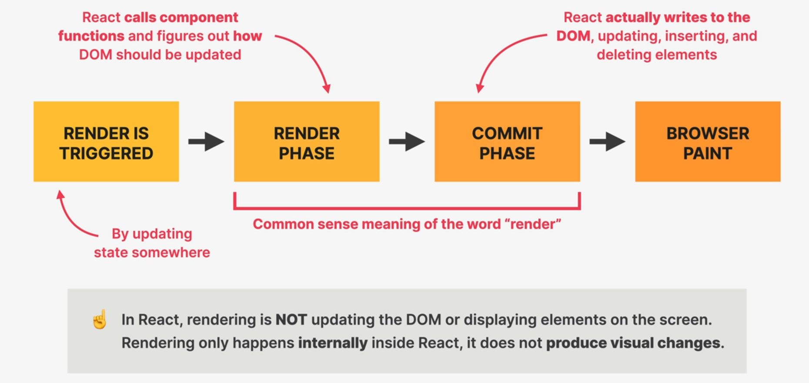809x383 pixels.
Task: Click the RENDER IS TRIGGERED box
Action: tap(106, 141)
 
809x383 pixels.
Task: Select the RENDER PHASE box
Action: tap(307, 141)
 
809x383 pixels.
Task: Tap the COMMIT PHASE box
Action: tap(507, 141)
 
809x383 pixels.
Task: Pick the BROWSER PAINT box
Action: tap(708, 141)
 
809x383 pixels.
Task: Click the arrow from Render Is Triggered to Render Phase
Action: tap(206, 141)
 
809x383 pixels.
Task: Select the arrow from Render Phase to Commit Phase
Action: tap(407, 141)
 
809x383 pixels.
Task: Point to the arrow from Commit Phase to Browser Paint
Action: tap(607, 141)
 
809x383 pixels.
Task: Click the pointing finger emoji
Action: tap(100, 319)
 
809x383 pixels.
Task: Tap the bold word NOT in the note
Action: tap(291, 320)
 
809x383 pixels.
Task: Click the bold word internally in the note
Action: tap(333, 343)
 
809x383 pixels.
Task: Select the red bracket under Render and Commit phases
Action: tap(407, 208)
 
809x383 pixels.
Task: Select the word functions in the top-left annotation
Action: tap(91, 36)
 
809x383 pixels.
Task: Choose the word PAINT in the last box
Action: tap(708, 154)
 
